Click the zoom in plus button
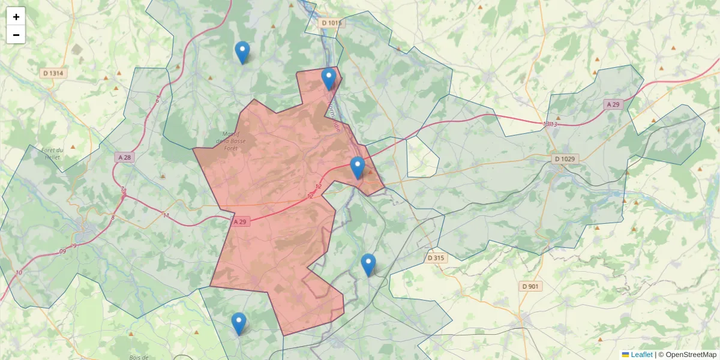pos(16,17)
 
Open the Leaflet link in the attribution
pos(641,355)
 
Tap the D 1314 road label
pos(53,73)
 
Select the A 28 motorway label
pos(124,157)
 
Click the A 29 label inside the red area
pos(240,221)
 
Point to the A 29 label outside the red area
pos(613,104)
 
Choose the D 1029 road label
pos(565,159)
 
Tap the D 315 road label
pos(437,258)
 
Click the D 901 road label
pos(530,286)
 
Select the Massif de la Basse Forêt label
pos(227,141)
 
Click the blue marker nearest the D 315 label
pos(368,265)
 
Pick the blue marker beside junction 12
pos(358,167)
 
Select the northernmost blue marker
pos(242,52)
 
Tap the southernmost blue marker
pos(239,323)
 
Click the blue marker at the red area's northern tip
pos(329,79)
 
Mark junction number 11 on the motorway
pos(166,215)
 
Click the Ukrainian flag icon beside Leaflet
pos(625,355)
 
